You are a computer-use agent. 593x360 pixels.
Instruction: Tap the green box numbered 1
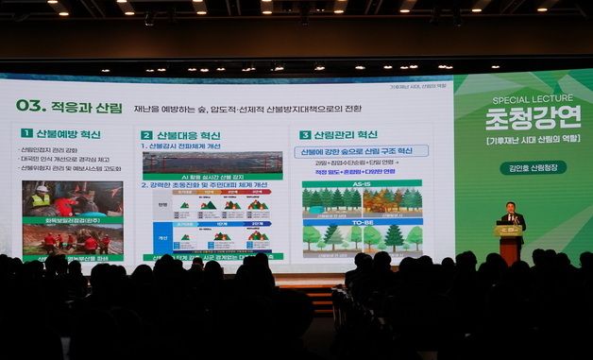coord(26,133)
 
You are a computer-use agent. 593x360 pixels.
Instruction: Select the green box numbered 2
coord(146,135)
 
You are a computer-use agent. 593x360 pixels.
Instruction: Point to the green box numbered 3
coord(305,135)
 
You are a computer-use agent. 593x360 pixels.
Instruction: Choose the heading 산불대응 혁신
coord(189,135)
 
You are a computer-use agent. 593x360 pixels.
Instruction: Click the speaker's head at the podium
coord(510,206)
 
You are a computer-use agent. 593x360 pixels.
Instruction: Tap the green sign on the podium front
coord(509,230)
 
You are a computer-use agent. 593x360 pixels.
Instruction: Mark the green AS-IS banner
coord(362,184)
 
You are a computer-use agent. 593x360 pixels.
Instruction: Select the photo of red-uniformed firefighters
coord(73,241)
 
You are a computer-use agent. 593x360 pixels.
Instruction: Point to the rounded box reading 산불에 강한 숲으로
coord(362,151)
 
